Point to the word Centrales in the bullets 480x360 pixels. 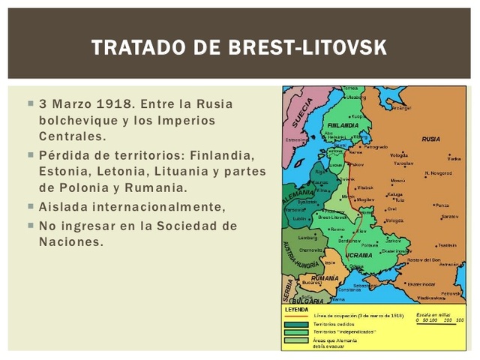(72, 136)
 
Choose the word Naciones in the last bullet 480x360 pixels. (70, 241)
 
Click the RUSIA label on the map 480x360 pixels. (430, 139)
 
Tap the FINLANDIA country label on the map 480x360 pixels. (343, 125)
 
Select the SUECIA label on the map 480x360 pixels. (303, 113)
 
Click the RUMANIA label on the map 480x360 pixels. (325, 277)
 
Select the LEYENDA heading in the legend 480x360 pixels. (296, 308)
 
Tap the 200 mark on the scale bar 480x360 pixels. (448, 320)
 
